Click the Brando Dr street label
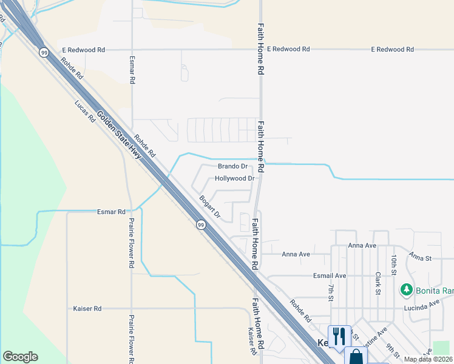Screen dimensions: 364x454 [232, 166]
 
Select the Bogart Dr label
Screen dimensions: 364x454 [210, 207]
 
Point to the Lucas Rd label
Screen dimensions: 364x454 [85, 112]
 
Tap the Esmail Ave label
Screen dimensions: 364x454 [330, 275]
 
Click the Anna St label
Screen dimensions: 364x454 [420, 258]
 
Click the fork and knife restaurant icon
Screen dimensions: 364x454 [339, 335]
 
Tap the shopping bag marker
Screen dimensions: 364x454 [356, 357]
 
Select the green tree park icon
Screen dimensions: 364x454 [407, 291]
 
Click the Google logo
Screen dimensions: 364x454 [20, 357]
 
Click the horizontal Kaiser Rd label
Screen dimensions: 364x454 [87, 309]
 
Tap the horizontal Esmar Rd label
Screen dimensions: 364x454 [111, 212]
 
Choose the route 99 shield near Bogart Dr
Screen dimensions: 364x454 [200, 225]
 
